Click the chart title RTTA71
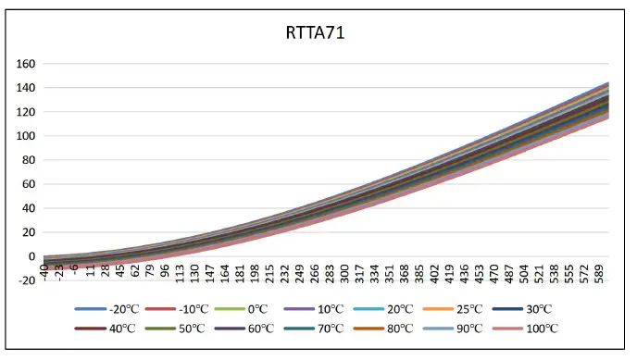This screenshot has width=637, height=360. coord(316,34)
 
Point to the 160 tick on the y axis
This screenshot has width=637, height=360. coord(26,64)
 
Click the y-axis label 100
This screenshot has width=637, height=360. coord(26,136)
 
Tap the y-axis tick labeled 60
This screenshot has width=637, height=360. coord(29,184)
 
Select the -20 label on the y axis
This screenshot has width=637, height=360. coord(26,280)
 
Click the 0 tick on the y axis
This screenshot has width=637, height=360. coord(31,256)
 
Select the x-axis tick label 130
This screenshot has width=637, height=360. coord(194,273)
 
